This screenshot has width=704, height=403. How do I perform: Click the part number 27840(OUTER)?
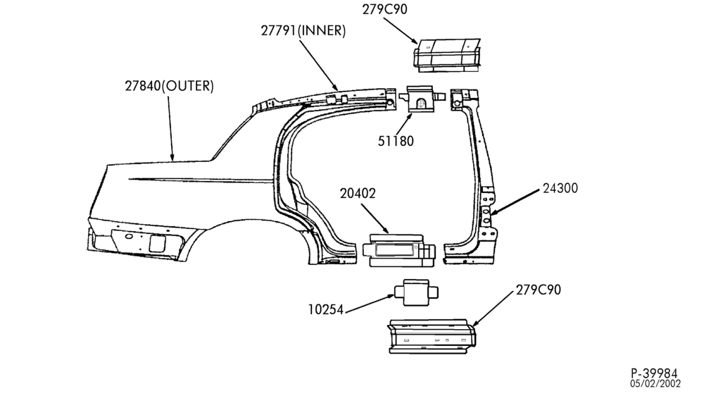(x=169, y=86)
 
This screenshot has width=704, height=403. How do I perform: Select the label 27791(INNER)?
(x=303, y=30)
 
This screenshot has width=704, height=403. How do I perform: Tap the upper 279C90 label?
(x=385, y=9)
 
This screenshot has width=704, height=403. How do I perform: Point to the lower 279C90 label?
(x=539, y=290)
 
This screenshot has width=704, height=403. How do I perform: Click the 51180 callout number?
(x=396, y=141)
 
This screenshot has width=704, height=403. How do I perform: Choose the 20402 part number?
(x=358, y=193)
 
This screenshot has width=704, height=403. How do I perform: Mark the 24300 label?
(x=560, y=188)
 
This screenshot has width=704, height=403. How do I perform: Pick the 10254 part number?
(x=325, y=309)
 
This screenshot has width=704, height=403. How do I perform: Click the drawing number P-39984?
(x=654, y=373)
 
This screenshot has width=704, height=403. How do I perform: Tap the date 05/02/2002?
(x=655, y=384)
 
